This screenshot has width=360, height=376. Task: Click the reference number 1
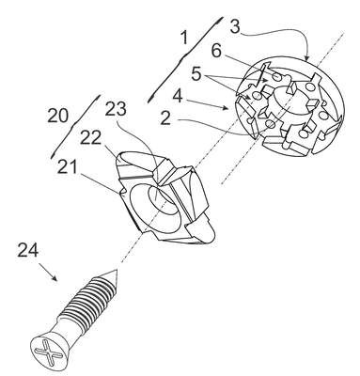tap(185, 38)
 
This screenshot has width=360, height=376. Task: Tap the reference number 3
tap(235, 25)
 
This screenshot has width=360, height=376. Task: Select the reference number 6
tap(216, 51)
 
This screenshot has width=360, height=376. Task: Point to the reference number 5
tap(196, 74)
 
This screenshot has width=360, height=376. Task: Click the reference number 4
tap(178, 97)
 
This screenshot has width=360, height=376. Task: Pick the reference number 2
tap(165, 118)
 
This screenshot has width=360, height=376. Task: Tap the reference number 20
tap(57, 116)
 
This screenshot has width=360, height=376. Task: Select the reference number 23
tap(116, 109)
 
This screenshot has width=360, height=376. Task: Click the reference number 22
tap(91, 137)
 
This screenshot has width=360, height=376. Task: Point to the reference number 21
tap(68, 166)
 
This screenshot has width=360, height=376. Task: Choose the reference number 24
tap(28, 250)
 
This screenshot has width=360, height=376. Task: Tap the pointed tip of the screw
tap(116, 271)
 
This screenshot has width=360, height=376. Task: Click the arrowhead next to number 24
tap(55, 277)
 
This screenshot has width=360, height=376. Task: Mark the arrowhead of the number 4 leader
tap(227, 108)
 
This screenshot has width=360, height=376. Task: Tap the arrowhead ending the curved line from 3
tap(306, 58)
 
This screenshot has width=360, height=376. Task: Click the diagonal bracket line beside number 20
tap(75, 126)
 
